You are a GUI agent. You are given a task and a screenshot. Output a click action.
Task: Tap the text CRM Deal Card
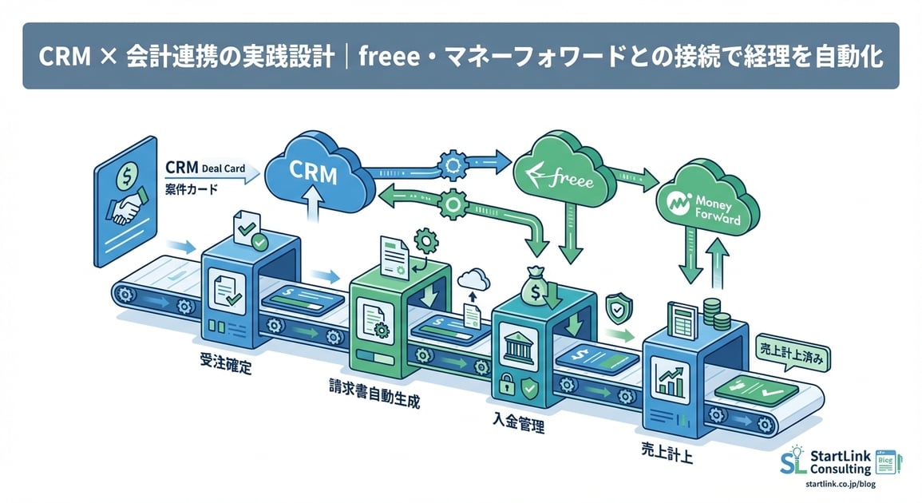(x=205, y=168)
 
